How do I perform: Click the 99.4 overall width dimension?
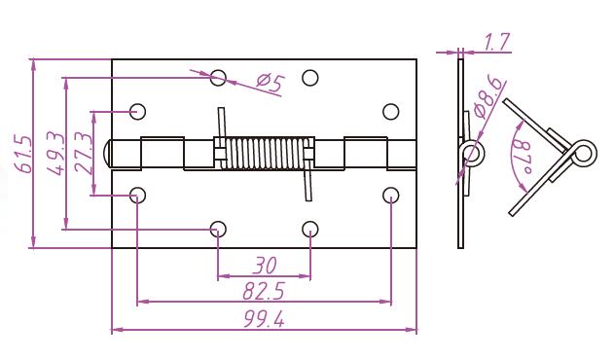[264, 319]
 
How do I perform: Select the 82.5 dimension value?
[263, 291]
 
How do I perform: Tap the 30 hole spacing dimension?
[265, 266]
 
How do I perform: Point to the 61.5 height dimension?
[22, 154]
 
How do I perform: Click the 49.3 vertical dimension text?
[55, 153]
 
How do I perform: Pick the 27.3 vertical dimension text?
[83, 153]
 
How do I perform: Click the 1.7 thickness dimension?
[497, 42]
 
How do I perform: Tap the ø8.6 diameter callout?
[488, 97]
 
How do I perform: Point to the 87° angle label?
[523, 158]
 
